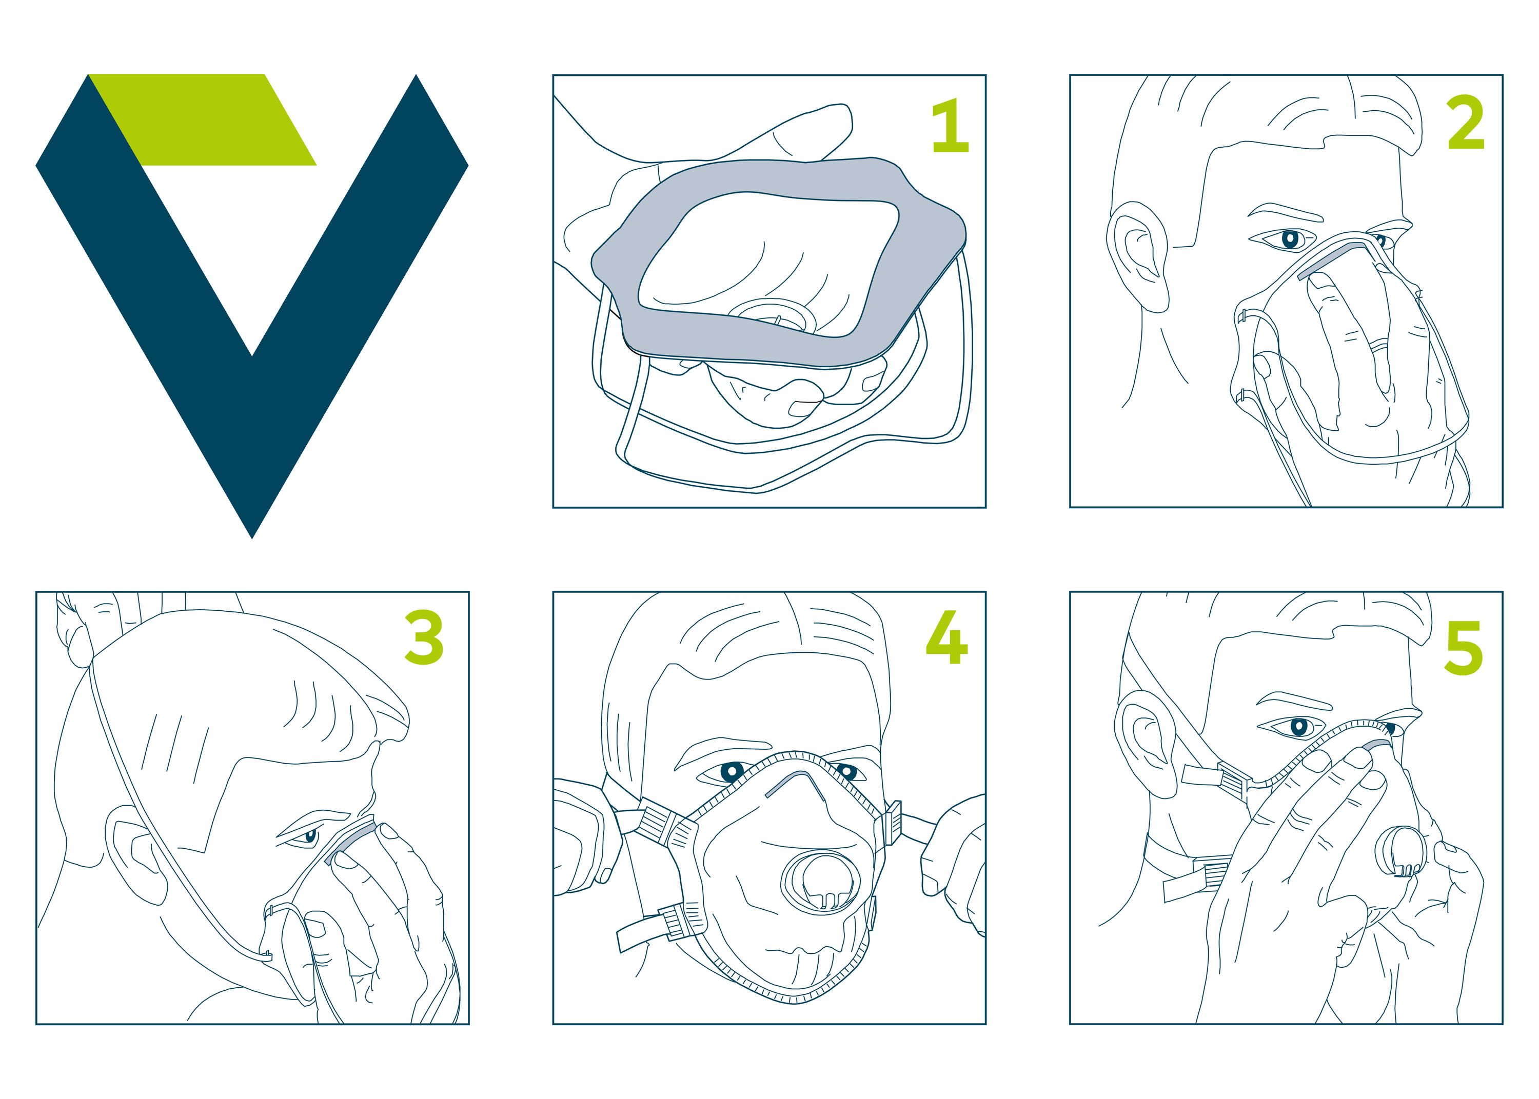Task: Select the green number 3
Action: (x=424, y=637)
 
